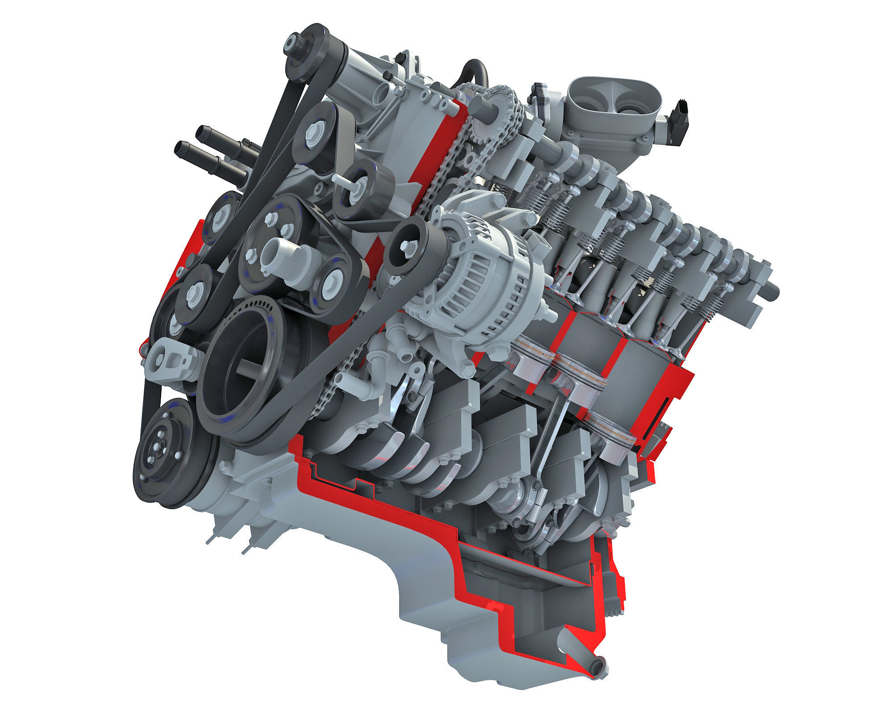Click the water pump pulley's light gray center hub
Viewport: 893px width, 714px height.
tap(273, 254)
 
